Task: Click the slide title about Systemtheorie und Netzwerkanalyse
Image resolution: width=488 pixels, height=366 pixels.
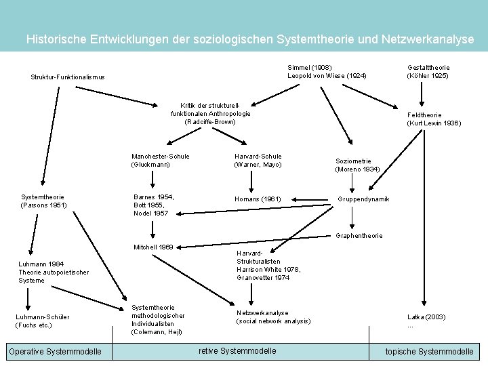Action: click(250, 39)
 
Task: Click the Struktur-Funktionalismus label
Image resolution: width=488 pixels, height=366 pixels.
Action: click(68, 77)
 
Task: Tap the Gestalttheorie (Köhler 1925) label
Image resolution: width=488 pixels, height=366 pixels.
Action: click(428, 71)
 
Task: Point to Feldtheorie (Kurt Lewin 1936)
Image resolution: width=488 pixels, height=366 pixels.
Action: click(434, 119)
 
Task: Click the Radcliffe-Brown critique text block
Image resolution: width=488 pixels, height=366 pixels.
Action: click(211, 113)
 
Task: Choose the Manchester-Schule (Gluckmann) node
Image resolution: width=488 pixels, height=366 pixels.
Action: click(161, 160)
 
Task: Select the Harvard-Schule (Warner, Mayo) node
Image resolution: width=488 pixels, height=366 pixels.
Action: click(258, 160)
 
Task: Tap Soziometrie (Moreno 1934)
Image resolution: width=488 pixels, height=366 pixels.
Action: click(357, 165)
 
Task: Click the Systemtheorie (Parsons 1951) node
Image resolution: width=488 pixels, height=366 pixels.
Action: click(44, 201)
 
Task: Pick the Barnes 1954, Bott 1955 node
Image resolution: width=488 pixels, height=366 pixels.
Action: click(154, 205)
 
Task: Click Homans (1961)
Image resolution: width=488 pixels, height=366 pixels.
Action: click(258, 199)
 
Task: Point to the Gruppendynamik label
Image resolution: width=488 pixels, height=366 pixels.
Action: click(363, 199)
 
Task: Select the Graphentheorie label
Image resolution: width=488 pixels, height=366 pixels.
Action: click(359, 236)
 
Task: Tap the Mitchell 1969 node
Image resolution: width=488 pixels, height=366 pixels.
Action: click(154, 247)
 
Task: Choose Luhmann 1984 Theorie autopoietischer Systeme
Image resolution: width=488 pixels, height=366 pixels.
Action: click(54, 272)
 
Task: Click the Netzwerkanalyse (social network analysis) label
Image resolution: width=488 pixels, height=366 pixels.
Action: click(273, 317)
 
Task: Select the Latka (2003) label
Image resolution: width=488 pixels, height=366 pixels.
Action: click(426, 320)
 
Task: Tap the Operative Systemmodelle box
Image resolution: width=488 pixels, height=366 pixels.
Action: click(55, 351)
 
